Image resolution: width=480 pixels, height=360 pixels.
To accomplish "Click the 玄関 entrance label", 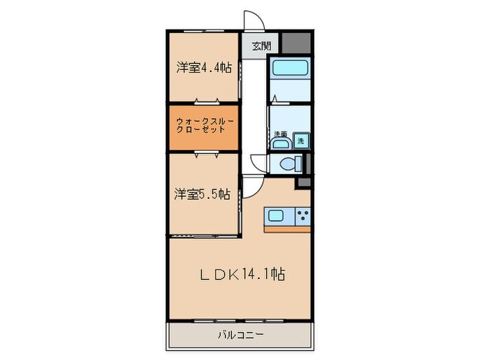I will pyautogui.click(x=261, y=47).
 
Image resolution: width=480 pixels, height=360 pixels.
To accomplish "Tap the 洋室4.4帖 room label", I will pyautogui.click(x=204, y=68).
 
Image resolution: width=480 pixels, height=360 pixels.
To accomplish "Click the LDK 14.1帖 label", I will pyautogui.click(x=242, y=275).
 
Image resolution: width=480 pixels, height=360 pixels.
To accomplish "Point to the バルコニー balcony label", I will pyautogui.click(x=239, y=335).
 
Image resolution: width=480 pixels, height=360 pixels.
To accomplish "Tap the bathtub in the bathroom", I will pyautogui.click(x=289, y=68).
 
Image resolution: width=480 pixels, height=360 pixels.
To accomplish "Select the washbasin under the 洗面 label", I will pyautogui.click(x=279, y=144).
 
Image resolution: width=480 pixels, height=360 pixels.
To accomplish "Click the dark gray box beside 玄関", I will pyautogui.click(x=296, y=44).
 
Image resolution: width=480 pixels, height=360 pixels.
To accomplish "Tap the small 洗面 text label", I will pyautogui.click(x=280, y=133).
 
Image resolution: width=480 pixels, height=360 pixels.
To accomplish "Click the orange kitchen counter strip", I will pyautogui.click(x=287, y=228).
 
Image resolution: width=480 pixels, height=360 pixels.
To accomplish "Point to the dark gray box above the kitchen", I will pyautogui.click(x=302, y=183).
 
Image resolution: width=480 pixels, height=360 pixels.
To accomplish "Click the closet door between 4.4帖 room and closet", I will pyautogui.click(x=204, y=101).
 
